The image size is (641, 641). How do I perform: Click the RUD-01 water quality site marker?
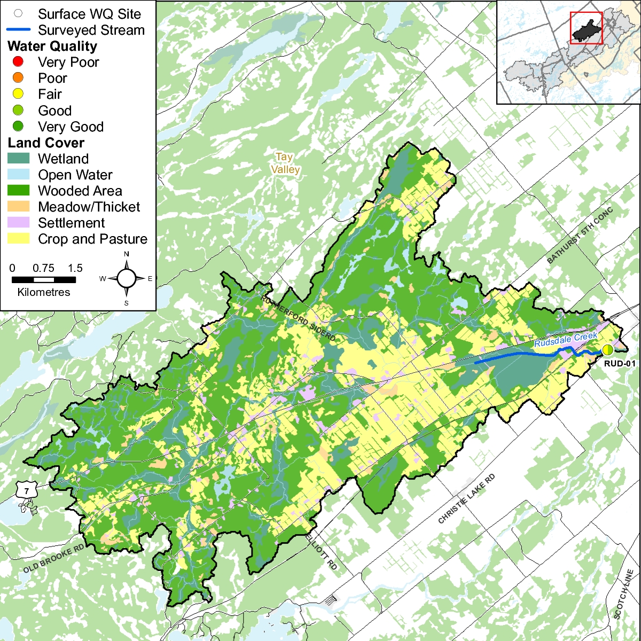608,350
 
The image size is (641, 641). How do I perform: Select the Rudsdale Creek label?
566,339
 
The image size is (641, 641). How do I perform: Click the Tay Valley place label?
285,163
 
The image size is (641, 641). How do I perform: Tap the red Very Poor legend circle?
18,62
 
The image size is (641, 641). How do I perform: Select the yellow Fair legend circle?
18,95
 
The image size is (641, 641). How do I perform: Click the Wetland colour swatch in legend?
19,159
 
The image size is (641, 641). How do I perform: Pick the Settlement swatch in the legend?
19,223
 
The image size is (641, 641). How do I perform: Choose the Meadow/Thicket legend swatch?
19,207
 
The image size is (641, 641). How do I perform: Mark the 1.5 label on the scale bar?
75,268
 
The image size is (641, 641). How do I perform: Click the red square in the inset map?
586,28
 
